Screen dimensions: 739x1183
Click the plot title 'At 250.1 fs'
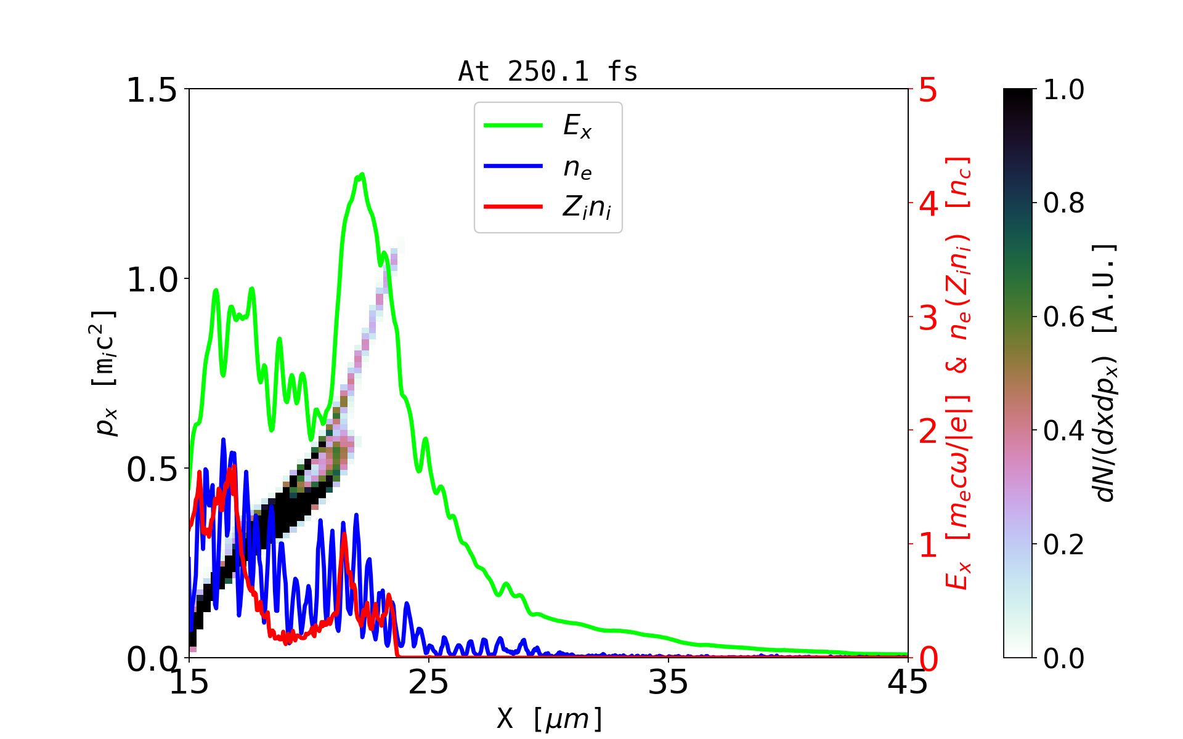pos(548,71)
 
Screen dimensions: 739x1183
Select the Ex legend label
pos(577,126)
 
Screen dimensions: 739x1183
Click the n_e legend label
pos(577,168)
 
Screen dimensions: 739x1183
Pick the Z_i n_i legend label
pos(587,208)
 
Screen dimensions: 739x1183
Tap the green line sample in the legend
pos(513,126)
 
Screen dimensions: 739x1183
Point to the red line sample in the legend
pos(513,206)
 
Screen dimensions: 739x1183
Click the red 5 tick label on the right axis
pos(929,91)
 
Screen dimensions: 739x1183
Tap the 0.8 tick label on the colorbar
pos(1064,203)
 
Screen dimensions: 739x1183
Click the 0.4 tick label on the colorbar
pos(1064,430)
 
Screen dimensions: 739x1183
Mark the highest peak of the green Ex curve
pos(362,174)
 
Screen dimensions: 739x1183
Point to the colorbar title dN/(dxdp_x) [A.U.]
pos(1107,373)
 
